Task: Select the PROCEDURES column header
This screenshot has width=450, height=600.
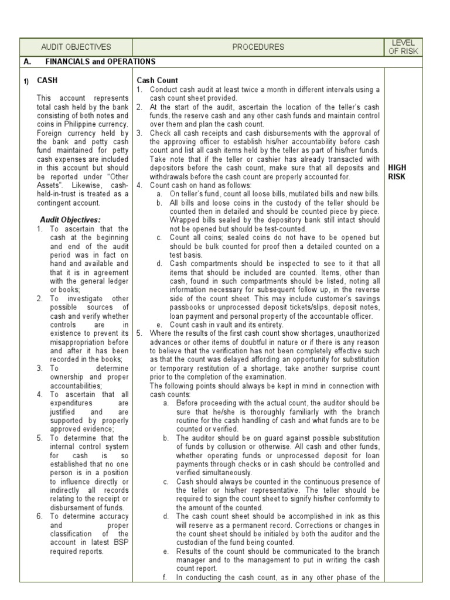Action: pos(258,47)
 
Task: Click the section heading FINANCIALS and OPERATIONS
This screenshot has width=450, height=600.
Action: pos(100,62)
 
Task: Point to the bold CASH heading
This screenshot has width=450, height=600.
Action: pos(47,80)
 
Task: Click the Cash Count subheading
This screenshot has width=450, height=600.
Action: pos(158,80)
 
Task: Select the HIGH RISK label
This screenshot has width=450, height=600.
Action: pos(397,172)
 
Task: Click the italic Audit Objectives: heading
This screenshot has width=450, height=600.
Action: pos(63,219)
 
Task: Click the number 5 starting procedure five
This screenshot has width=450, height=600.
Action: pos(139,333)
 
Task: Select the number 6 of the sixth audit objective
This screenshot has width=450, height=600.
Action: pos(39,516)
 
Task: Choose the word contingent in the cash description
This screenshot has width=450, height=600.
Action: pos(56,203)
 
